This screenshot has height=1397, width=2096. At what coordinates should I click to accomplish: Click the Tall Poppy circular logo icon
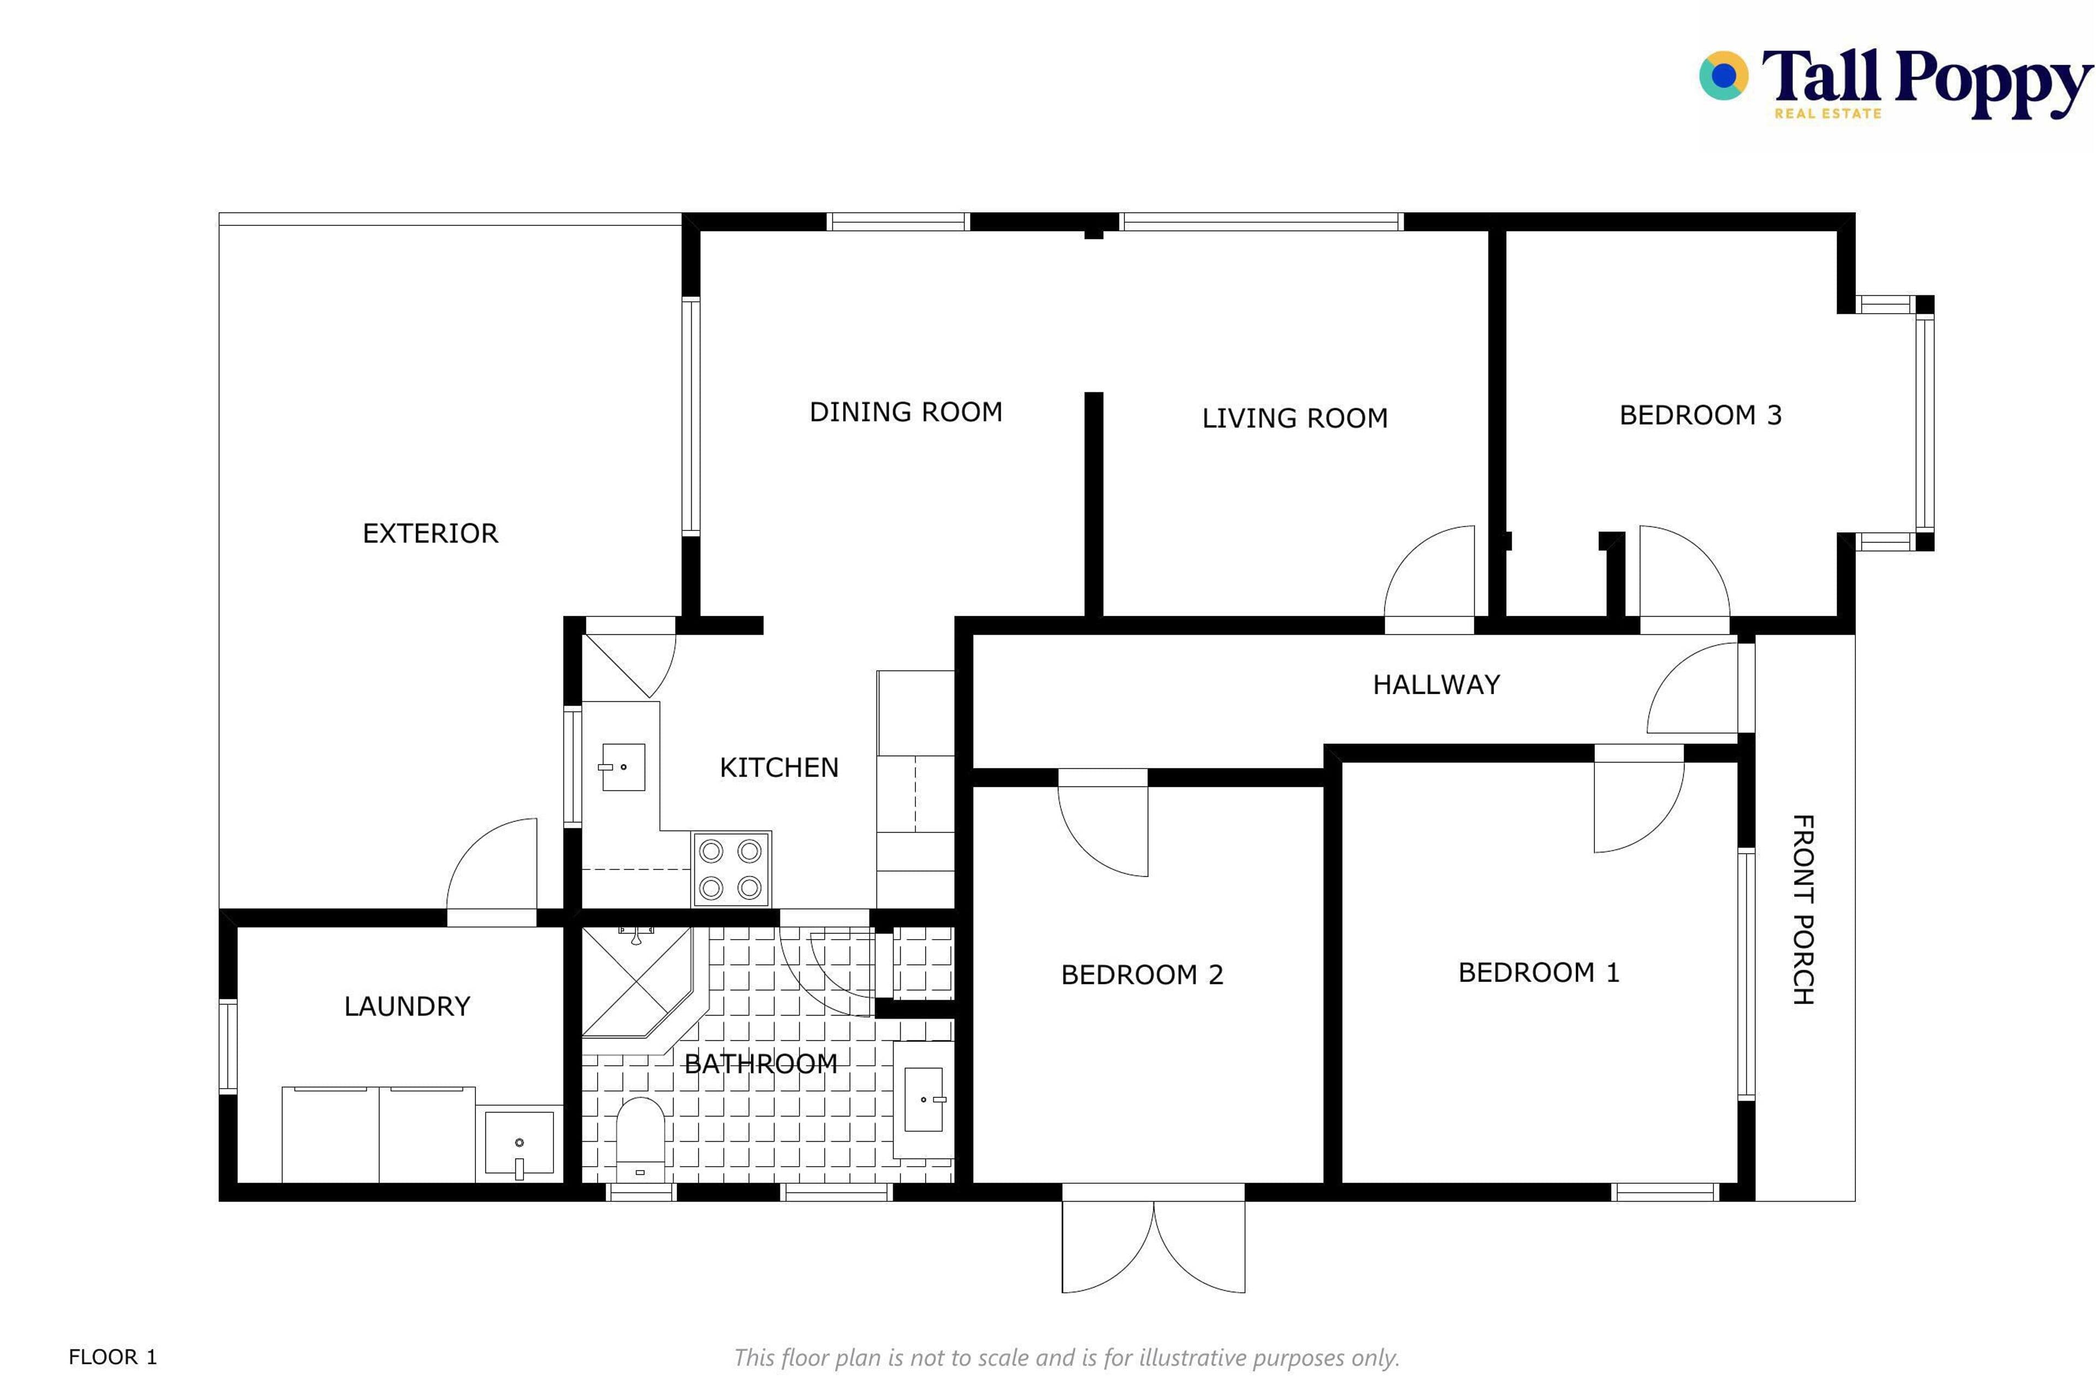click(x=1724, y=76)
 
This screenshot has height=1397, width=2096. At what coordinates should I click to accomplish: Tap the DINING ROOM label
click(x=906, y=411)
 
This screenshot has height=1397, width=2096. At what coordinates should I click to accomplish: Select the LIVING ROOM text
click(x=1295, y=418)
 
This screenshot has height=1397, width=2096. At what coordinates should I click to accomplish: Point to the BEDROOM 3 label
click(x=1700, y=415)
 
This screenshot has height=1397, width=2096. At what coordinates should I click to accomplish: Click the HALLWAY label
click(x=1437, y=684)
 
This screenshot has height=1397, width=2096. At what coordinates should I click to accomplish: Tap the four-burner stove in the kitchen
click(x=731, y=869)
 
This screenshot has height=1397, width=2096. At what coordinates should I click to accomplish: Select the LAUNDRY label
click(x=407, y=1007)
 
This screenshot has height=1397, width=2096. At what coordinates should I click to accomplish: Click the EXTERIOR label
click(x=431, y=534)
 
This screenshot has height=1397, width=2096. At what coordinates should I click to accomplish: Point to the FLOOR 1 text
click(x=113, y=1357)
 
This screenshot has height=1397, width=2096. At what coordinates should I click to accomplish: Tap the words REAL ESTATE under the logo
click(x=1828, y=113)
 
